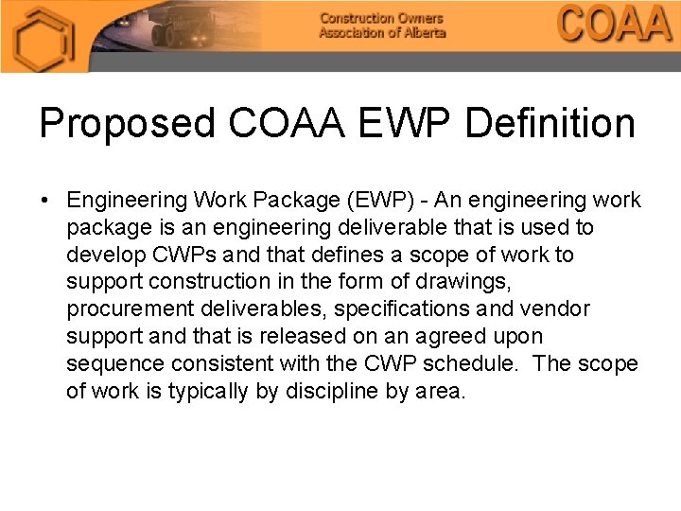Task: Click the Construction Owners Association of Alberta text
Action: [x=381, y=26]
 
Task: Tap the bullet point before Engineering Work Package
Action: [x=44, y=201]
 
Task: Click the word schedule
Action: [x=478, y=364]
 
